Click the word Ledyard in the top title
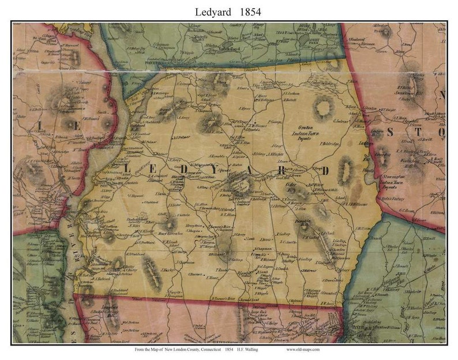pyautogui.click(x=212, y=11)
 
